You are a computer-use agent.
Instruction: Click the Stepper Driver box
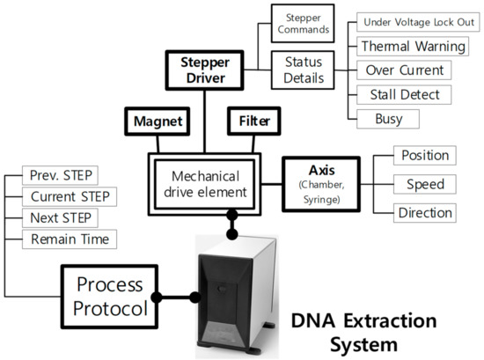(x=205, y=70)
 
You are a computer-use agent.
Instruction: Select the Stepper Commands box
(x=303, y=24)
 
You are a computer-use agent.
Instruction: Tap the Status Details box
(x=303, y=70)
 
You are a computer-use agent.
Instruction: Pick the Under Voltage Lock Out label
(x=418, y=22)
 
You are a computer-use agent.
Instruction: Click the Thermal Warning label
(x=413, y=47)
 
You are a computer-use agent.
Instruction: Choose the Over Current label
(x=404, y=70)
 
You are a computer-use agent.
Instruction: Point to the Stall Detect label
(x=404, y=94)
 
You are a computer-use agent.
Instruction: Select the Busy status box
(x=388, y=119)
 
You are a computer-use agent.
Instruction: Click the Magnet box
(x=158, y=121)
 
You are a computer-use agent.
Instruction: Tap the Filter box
(x=254, y=121)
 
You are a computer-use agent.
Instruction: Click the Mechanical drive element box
(x=205, y=184)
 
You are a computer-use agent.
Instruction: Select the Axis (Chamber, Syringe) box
(x=321, y=184)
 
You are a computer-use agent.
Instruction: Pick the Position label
(x=425, y=155)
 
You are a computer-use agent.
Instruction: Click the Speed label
(x=425, y=184)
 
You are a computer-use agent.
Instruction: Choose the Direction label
(x=425, y=213)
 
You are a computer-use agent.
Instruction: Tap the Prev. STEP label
(x=60, y=175)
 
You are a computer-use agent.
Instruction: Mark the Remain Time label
(x=70, y=239)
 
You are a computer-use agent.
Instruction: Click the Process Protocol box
(x=110, y=297)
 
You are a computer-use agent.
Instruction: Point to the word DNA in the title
(x=313, y=320)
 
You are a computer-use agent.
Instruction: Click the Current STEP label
(x=70, y=196)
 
